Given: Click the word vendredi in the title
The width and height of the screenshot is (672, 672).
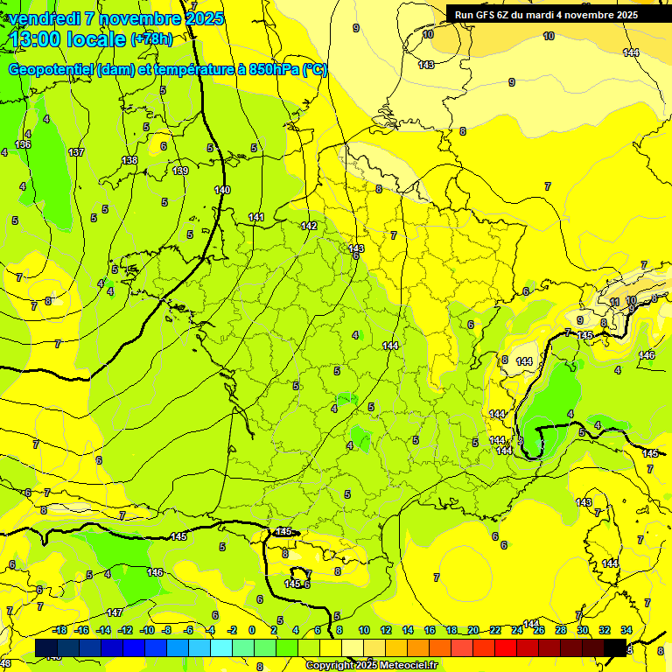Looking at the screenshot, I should click(x=41, y=18).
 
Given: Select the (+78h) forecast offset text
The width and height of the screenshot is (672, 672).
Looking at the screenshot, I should click(x=151, y=39).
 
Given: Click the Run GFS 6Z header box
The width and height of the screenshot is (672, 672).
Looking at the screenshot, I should click(x=546, y=15).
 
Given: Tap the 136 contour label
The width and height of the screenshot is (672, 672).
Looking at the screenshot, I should click(x=23, y=144).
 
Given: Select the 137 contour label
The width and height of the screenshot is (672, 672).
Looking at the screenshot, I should click(x=76, y=152).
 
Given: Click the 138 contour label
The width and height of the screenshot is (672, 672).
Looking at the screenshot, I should click(x=129, y=160).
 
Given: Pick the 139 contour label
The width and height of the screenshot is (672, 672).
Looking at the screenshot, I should click(x=180, y=171).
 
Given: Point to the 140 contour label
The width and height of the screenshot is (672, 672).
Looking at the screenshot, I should click(x=222, y=190).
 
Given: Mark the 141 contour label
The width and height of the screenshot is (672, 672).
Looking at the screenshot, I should click(x=255, y=217).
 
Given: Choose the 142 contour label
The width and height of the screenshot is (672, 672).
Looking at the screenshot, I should click(x=309, y=226).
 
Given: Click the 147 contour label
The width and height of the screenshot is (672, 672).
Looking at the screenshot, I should click(x=115, y=612).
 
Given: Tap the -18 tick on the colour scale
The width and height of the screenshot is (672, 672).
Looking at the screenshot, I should click(x=59, y=630).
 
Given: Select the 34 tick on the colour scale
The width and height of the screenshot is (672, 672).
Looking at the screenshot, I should click(x=626, y=630).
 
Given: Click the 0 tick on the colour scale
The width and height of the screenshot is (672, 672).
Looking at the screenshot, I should click(x=252, y=630).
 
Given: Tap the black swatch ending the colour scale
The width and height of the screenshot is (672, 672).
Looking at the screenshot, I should click(x=615, y=647).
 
